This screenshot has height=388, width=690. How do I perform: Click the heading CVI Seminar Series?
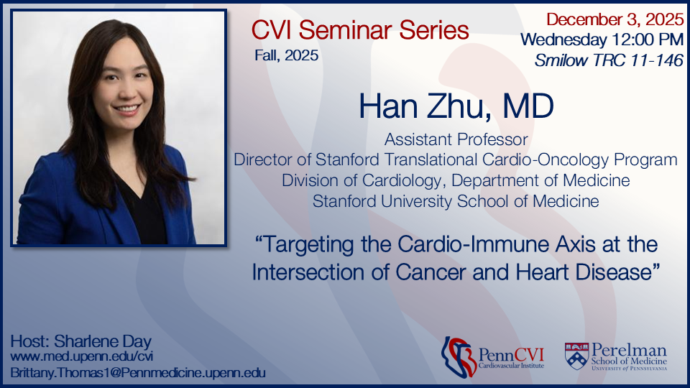point(360,30)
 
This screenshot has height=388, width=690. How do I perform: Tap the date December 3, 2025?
point(615,19)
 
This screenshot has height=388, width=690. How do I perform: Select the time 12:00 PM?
point(648,40)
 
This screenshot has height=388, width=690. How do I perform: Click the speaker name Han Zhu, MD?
point(456,106)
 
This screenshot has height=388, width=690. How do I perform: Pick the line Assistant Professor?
point(456,139)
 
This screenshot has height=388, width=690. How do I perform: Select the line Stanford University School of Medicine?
point(456,201)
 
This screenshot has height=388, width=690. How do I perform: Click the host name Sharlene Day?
point(103,341)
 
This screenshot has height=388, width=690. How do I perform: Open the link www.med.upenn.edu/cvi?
point(82,356)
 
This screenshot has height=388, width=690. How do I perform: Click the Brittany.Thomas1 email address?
point(138,373)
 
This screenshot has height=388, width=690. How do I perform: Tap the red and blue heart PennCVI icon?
point(459,357)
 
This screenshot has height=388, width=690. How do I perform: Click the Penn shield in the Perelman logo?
point(576,356)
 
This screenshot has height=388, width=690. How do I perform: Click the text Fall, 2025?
point(287,55)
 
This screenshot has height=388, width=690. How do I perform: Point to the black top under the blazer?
point(145,211)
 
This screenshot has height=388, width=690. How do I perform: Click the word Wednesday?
point(563,40)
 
